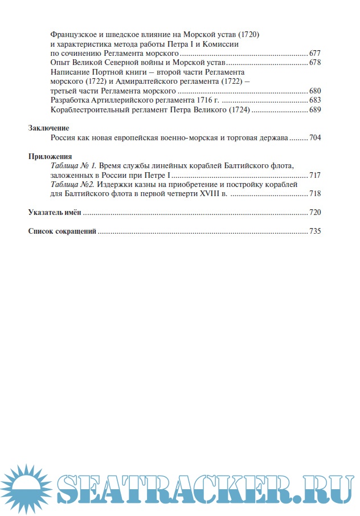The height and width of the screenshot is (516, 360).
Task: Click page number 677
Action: tap(315, 53)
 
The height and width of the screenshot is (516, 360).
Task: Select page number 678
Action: tap(315, 62)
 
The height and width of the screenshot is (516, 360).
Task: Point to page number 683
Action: tap(315, 100)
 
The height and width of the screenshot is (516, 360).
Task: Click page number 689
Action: tap(315, 109)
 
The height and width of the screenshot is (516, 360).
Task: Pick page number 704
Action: tap(315, 138)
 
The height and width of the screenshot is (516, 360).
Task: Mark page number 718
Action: tap(315, 194)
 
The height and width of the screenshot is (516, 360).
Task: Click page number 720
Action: tap(315, 213)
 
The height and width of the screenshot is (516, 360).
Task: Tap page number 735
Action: tap(315, 231)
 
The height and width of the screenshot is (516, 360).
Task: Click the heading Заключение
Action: tap(49, 128)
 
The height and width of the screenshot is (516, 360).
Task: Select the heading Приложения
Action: tap(50, 156)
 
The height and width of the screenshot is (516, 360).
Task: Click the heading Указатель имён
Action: tap(55, 213)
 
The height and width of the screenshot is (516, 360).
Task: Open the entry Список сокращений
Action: tap(62, 231)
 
